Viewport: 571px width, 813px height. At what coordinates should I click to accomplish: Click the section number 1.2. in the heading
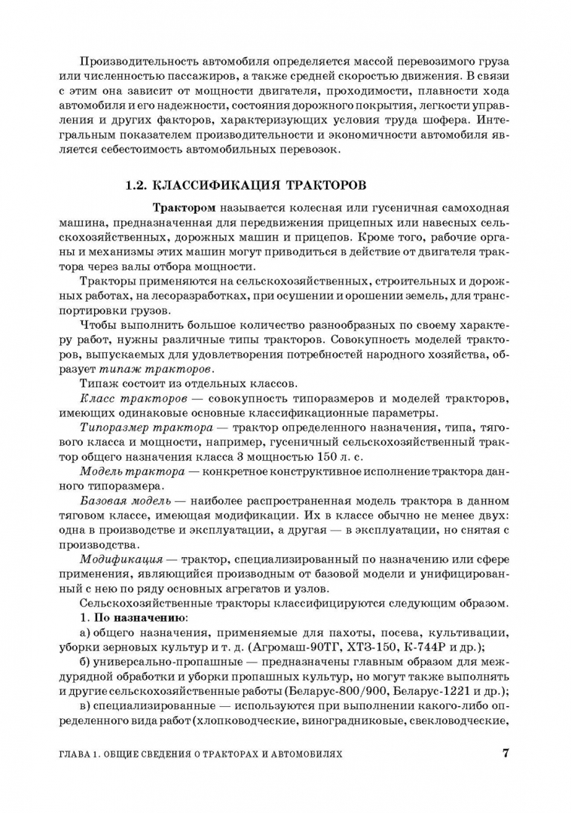click(x=136, y=184)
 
